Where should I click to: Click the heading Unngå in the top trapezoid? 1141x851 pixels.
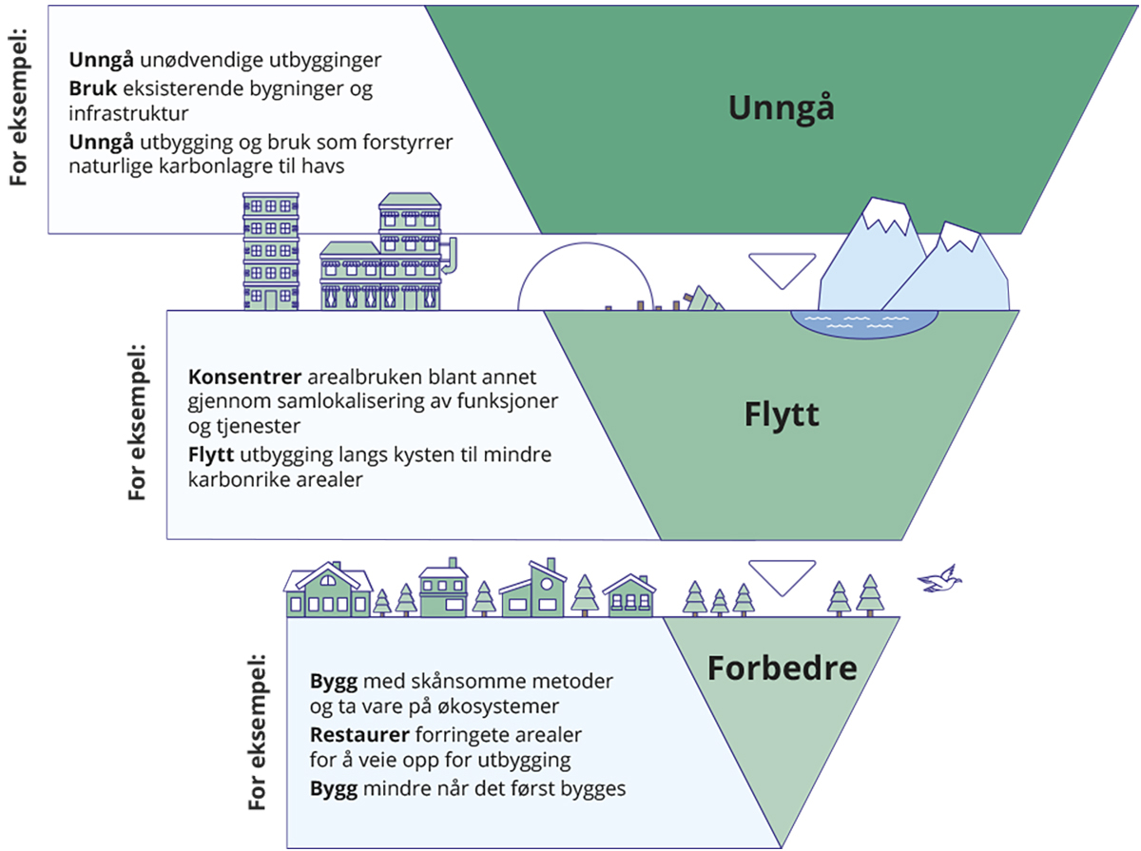781,108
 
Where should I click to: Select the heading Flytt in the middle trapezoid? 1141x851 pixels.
782,415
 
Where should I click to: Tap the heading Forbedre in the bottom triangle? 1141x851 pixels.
782,668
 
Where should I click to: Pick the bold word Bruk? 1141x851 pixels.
91,88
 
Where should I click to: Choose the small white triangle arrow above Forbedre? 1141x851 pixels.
782,573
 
